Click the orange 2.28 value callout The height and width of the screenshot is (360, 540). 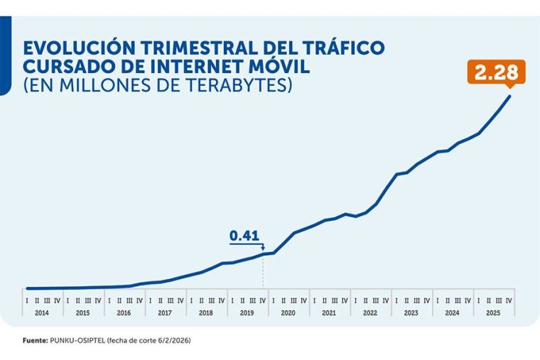497,72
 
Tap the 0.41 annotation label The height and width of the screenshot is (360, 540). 243,235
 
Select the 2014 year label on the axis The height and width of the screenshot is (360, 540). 42,312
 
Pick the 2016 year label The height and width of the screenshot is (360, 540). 124,312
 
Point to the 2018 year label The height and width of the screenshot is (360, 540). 206,312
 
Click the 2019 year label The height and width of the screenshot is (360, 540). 247,312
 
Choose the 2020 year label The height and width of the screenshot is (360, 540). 288,312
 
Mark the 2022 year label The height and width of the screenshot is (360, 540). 370,312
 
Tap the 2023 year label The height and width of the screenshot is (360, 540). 411,312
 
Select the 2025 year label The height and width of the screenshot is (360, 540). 493,312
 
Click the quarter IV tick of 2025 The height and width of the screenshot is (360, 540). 509,300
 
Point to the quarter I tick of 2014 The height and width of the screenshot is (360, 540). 26,300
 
